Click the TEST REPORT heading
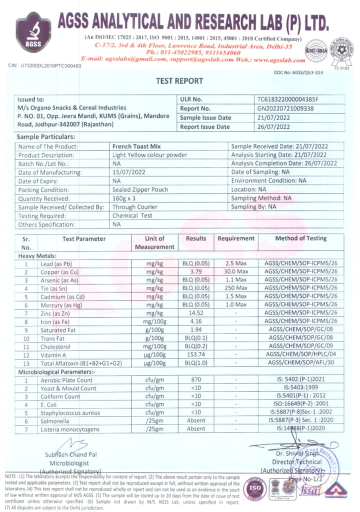[x=179, y=81]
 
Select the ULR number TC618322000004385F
[x=287, y=99]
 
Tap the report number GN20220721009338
[x=285, y=108]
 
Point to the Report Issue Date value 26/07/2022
[x=273, y=127]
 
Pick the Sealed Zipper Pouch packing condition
[x=140, y=189]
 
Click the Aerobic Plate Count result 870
[x=195, y=380]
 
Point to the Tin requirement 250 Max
[x=236, y=288]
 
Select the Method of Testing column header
[x=301, y=238]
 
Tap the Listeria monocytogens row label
[x=70, y=429]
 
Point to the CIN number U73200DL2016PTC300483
[x=44, y=65]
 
